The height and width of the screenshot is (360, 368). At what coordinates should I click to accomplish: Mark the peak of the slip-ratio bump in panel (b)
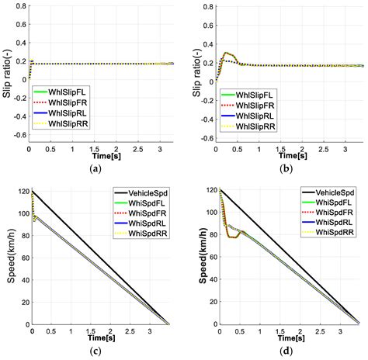click(x=227, y=54)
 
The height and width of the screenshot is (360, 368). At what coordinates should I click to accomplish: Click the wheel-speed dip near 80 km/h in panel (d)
click(x=231, y=236)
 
